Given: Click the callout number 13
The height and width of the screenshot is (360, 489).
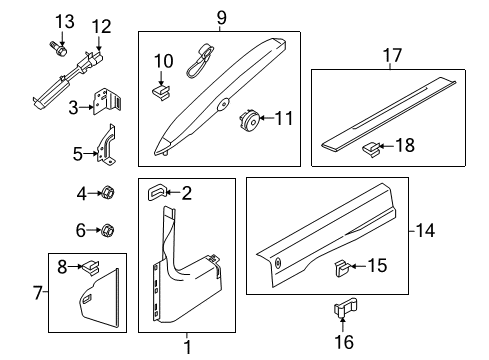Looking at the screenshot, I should (x=64, y=22).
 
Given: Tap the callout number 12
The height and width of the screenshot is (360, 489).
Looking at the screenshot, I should (x=102, y=26).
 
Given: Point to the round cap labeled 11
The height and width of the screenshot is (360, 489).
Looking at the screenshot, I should (x=246, y=121).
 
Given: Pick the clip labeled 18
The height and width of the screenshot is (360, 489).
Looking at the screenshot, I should (x=371, y=148).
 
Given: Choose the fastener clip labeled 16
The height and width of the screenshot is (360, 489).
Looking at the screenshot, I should (x=342, y=311).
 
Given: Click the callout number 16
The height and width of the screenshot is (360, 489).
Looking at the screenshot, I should (x=342, y=342).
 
